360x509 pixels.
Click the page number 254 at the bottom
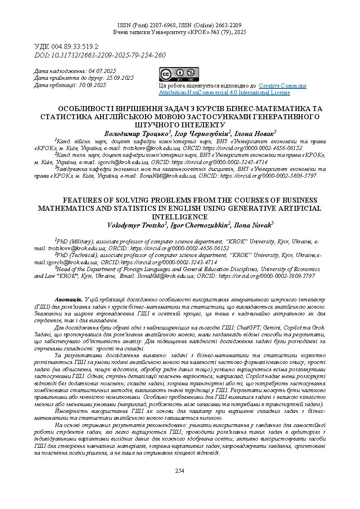coord(180,471)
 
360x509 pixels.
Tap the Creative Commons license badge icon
coord(178,74)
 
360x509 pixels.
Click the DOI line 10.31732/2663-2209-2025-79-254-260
coord(100,55)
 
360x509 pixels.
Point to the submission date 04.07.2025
coord(102,71)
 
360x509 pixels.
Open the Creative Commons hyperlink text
coord(282,86)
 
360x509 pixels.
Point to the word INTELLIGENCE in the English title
coord(180,217)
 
